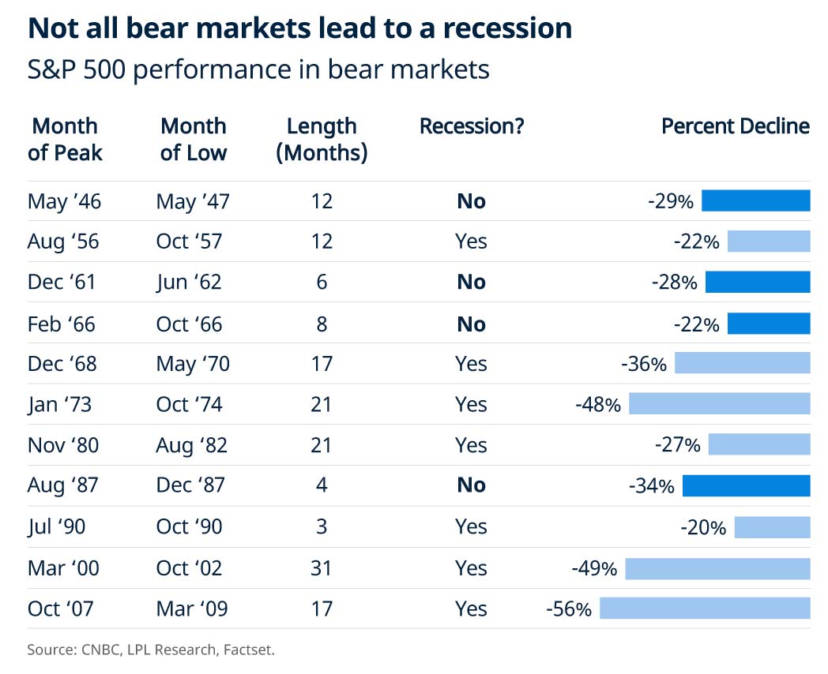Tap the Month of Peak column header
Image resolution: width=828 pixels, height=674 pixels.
(65, 139)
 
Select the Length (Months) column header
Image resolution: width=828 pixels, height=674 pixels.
(322, 139)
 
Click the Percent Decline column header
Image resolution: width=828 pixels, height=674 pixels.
(735, 126)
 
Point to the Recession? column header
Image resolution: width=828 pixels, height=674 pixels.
(472, 126)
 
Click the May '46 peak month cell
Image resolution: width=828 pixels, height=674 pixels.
(64, 201)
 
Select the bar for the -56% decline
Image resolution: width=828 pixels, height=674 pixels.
(705, 608)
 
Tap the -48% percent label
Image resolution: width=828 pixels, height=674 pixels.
(598, 405)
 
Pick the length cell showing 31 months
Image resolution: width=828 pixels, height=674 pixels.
(322, 568)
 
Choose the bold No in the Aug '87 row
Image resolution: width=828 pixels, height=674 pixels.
(472, 485)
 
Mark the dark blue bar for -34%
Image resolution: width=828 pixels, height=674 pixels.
(746, 485)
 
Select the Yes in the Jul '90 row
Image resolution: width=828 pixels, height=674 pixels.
(472, 526)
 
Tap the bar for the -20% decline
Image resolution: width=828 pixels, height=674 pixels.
(772, 527)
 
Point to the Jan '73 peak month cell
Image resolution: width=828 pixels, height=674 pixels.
(59, 405)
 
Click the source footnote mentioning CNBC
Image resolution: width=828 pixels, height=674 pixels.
(151, 650)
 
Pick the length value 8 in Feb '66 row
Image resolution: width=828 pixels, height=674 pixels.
(322, 324)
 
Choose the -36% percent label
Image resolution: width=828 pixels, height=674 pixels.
(644, 364)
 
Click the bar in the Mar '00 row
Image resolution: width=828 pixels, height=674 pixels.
(717, 568)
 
